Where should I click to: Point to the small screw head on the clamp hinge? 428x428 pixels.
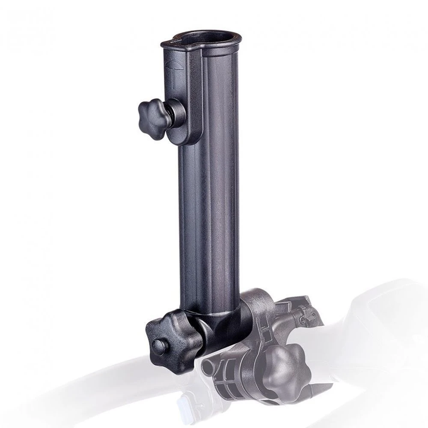coord(304,319)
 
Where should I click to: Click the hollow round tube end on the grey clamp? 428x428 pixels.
coord(209,366)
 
